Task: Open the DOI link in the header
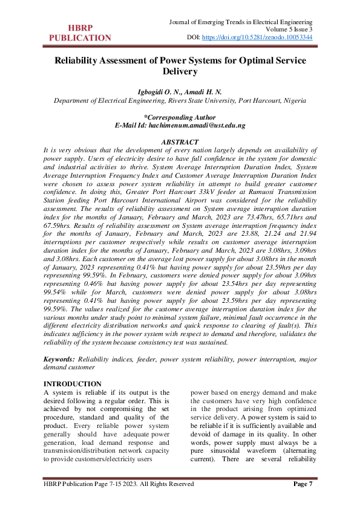click(x=257, y=37)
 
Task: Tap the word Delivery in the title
click(x=180, y=71)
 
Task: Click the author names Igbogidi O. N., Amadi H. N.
click(x=180, y=91)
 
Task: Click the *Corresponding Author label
click(x=180, y=117)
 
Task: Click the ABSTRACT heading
click(x=180, y=141)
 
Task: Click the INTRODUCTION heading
click(x=73, y=384)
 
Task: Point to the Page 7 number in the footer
click(x=303, y=484)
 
